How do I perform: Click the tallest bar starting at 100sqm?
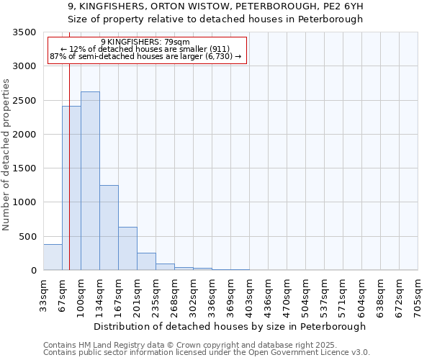[x=90, y=181]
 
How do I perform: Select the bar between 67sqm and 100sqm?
[x=71, y=188]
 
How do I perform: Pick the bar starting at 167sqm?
[x=127, y=248]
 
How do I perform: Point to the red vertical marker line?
[x=69, y=166]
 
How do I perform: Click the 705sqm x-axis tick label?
[x=418, y=294]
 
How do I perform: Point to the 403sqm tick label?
[x=249, y=294]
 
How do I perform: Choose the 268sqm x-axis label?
[x=174, y=294]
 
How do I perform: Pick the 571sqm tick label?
[x=343, y=294]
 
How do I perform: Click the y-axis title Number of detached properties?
[x=7, y=155]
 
